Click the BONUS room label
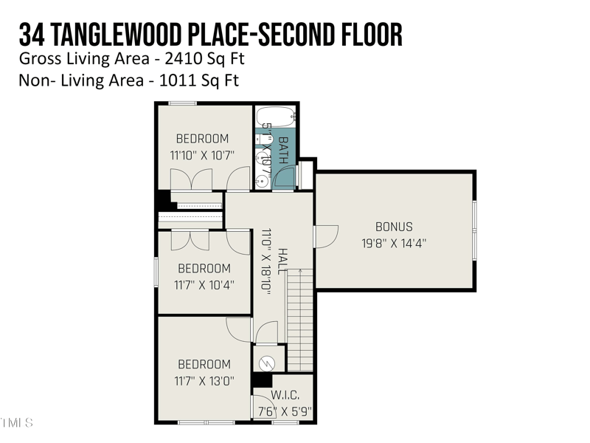pyautogui.click(x=394, y=227)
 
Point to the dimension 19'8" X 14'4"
pyautogui.click(x=394, y=242)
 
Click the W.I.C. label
pyautogui.click(x=285, y=396)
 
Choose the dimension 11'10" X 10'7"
pyautogui.click(x=201, y=155)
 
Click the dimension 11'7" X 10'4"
pyautogui.click(x=204, y=284)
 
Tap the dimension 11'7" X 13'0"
pyautogui.click(x=204, y=381)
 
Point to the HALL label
pyautogui.click(x=282, y=261)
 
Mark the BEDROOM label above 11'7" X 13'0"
pyautogui.click(x=204, y=364)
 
